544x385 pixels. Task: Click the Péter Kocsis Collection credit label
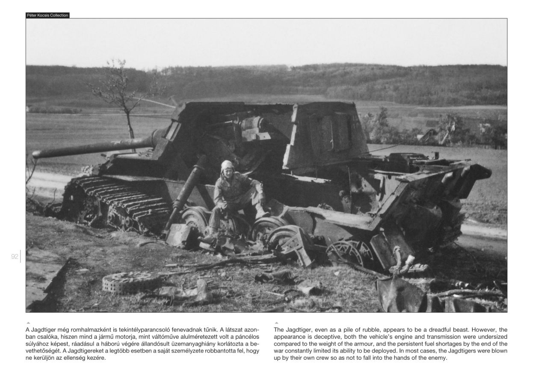tap(47, 15)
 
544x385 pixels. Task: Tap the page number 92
tap(15, 257)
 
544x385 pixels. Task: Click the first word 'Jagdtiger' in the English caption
tap(299, 330)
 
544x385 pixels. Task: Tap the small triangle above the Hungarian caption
tap(28, 323)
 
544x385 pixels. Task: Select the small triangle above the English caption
tap(276, 323)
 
